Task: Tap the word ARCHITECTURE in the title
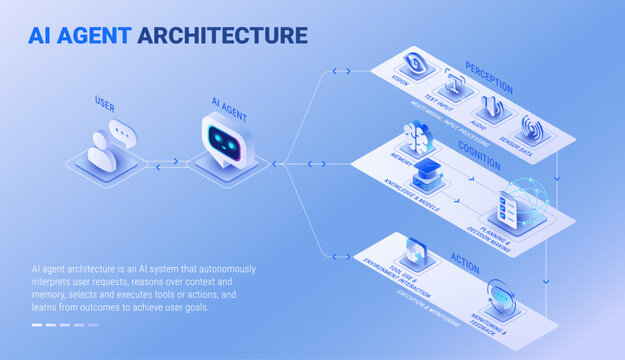coord(222,36)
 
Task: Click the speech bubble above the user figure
coord(122,131)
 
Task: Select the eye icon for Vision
coord(415,61)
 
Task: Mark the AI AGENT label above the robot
coord(229,102)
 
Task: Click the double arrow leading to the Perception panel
coord(341,71)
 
